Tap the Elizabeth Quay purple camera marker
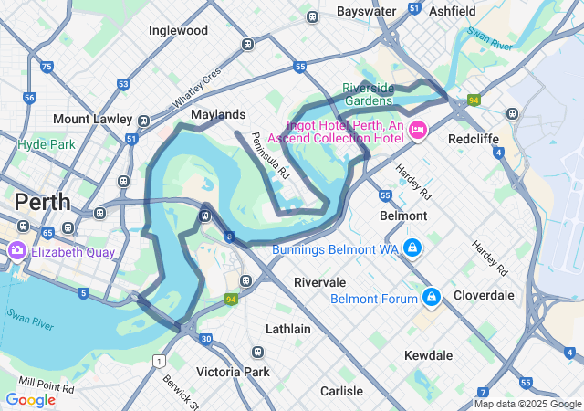click(x=16, y=251)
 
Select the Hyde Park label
click(x=46, y=144)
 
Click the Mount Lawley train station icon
click(x=143, y=120)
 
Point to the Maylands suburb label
click(x=218, y=115)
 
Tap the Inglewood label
click(x=178, y=30)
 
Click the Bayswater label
click(x=366, y=11)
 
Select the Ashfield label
click(x=453, y=11)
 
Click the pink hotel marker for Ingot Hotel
click(x=419, y=131)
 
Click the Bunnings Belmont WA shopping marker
click(x=412, y=248)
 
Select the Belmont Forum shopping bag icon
click(x=432, y=298)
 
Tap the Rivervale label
click(x=319, y=282)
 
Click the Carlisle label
click(x=341, y=391)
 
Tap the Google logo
click(x=30, y=399)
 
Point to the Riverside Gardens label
click(x=369, y=93)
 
